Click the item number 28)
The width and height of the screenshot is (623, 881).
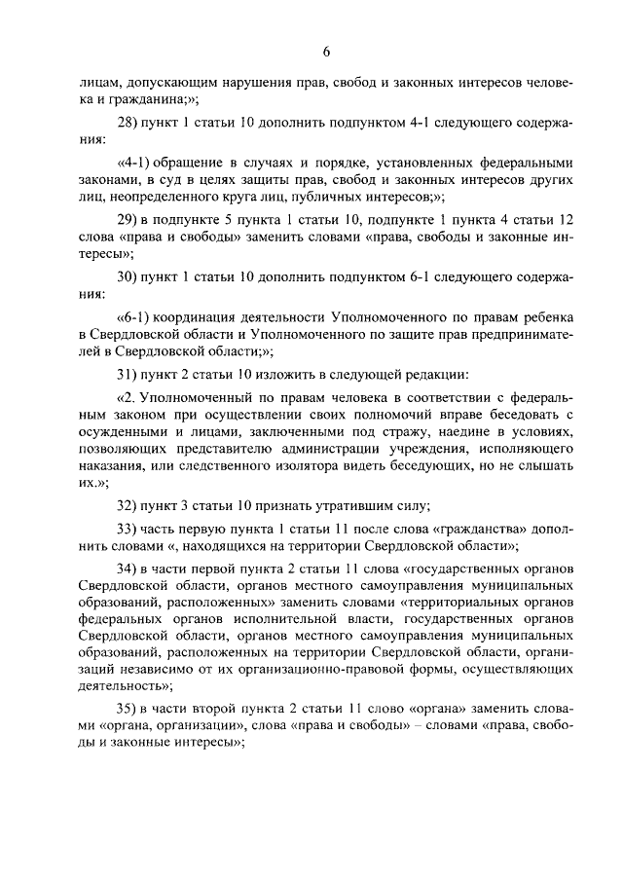coord(129,125)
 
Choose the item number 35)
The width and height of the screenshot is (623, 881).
coord(129,710)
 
